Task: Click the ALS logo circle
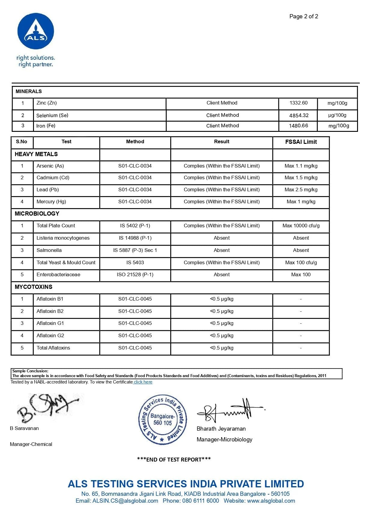click(x=36, y=31)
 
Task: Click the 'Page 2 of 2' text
click(x=304, y=17)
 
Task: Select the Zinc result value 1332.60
click(x=298, y=103)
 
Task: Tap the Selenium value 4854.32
click(x=299, y=115)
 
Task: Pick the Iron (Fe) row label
click(x=46, y=126)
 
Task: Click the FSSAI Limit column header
click(x=301, y=142)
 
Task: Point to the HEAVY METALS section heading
click(x=36, y=154)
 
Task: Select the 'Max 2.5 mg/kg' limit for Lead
click(x=301, y=190)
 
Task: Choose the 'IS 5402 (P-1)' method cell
click(x=135, y=226)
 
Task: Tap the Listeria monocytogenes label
click(x=63, y=238)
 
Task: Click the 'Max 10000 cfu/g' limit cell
click(x=301, y=226)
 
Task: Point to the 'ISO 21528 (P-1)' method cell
click(x=135, y=275)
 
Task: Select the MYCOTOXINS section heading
click(x=34, y=287)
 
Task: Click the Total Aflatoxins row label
click(x=53, y=348)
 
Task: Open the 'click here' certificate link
click(x=143, y=382)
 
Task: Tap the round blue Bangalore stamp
click(x=162, y=419)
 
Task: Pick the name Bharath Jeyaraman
click(x=221, y=429)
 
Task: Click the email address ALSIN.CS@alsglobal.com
click(x=125, y=501)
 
